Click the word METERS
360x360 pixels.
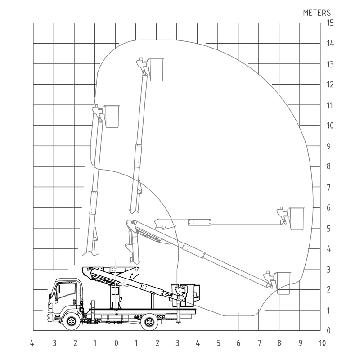[317, 13]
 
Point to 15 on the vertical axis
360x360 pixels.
[330, 23]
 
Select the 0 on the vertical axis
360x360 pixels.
[329, 331]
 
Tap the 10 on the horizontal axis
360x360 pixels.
[322, 343]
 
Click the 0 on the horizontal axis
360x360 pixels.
[117, 343]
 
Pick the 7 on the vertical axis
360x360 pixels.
[329, 188]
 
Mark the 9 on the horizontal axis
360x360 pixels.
[300, 343]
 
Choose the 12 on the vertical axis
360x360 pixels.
[330, 85]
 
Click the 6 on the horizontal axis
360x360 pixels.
[238, 343]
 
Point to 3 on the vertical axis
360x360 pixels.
[329, 270]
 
